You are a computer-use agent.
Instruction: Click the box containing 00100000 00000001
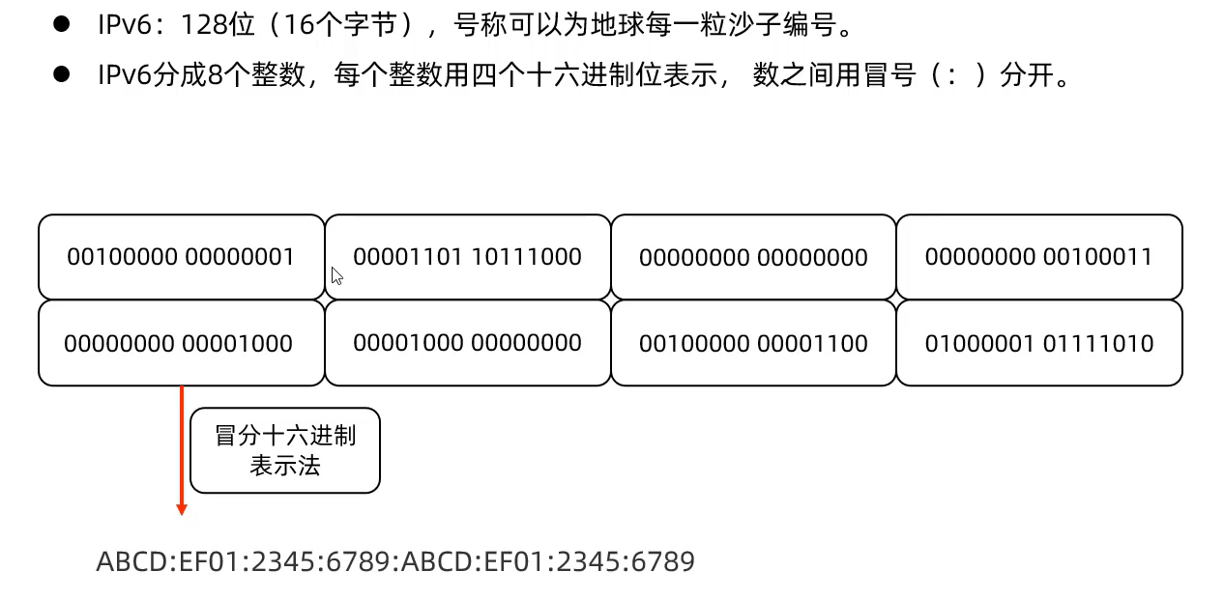[181, 257]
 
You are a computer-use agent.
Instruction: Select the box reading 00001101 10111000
[467, 257]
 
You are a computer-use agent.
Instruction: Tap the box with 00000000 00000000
[753, 257]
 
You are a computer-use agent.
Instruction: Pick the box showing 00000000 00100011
[1038, 257]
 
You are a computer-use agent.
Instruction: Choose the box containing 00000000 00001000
[181, 343]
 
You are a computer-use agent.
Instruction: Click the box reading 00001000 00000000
[467, 343]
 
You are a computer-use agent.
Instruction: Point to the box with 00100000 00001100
[753, 343]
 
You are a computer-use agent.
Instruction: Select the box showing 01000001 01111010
[1038, 343]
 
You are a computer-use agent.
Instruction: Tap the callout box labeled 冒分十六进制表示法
[285, 450]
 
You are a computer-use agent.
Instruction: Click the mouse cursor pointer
[336, 276]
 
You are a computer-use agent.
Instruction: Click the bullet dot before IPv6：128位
[63, 25]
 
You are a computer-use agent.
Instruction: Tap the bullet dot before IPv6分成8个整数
[63, 75]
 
